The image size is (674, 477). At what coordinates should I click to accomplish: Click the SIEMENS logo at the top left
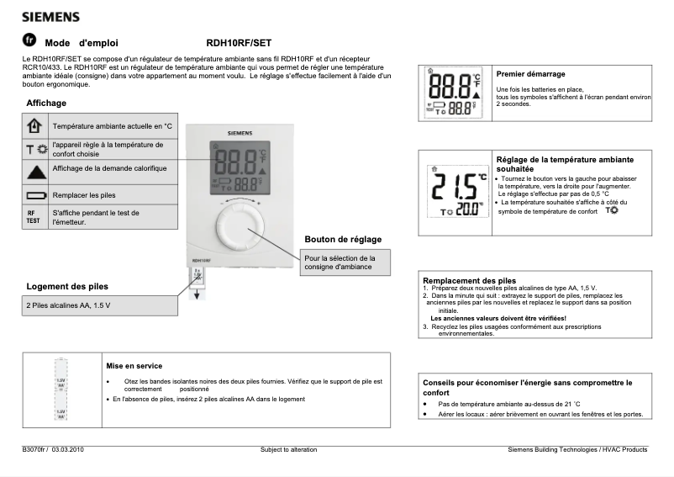pos(50,16)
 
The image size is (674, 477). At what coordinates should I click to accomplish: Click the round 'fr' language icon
pos(29,40)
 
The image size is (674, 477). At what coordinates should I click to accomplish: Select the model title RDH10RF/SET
pos(239,42)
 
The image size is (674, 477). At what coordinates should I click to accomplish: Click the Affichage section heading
pos(46,103)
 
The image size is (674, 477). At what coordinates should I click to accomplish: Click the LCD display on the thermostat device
pos(240,167)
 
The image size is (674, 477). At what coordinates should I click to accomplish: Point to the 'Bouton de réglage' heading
pos(343,239)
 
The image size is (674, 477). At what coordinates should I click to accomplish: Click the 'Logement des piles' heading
pos(67,286)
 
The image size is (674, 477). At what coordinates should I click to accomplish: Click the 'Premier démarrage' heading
pos(530,74)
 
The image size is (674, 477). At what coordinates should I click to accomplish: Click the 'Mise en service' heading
pos(134,366)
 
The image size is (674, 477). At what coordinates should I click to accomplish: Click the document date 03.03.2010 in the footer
pos(68,450)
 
